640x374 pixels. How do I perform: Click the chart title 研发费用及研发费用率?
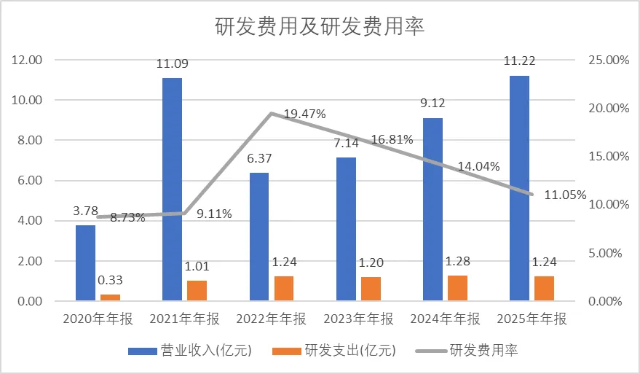click(320, 27)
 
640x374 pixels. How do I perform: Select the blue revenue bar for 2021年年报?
click(172, 189)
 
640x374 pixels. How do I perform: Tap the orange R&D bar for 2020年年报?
click(110, 297)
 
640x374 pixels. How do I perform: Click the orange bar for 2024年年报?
click(457, 288)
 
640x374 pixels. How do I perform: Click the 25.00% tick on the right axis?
click(607, 60)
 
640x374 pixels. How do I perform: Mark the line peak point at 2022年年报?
click(271, 113)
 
